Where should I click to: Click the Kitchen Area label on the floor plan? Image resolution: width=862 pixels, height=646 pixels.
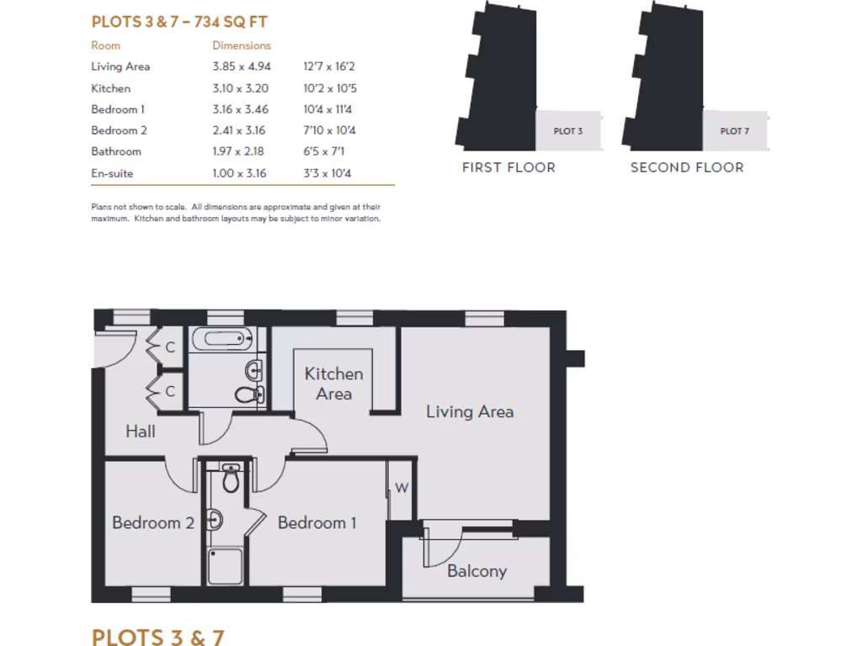coord(333,384)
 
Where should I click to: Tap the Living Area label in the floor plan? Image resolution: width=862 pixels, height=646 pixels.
coord(469,411)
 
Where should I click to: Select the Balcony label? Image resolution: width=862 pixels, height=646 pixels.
coord(476,571)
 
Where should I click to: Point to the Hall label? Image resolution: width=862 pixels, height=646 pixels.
coord(141,432)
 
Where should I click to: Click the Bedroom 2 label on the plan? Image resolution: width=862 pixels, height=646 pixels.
coord(153,523)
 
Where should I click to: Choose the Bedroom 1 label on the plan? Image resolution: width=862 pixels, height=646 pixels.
coord(317,523)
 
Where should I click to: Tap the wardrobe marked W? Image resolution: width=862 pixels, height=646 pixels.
coord(402,489)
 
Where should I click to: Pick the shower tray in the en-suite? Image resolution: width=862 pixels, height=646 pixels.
coord(225,567)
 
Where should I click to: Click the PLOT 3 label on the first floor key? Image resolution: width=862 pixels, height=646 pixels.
coord(568,131)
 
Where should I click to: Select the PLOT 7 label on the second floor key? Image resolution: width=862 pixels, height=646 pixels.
coord(735,131)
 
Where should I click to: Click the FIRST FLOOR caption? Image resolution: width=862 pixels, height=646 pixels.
coord(508,167)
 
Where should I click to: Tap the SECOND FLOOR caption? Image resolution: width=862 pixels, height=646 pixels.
coord(687,167)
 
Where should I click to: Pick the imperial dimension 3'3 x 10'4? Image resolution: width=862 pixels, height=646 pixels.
coord(327,173)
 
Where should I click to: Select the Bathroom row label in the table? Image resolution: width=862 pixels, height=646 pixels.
coord(116,151)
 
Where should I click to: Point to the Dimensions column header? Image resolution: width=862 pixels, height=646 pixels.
coord(242,45)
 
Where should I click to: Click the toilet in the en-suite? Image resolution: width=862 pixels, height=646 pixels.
coord(231,479)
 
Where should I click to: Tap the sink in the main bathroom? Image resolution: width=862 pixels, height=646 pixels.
coord(254,369)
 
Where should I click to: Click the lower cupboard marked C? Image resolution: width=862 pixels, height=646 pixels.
coord(169,391)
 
